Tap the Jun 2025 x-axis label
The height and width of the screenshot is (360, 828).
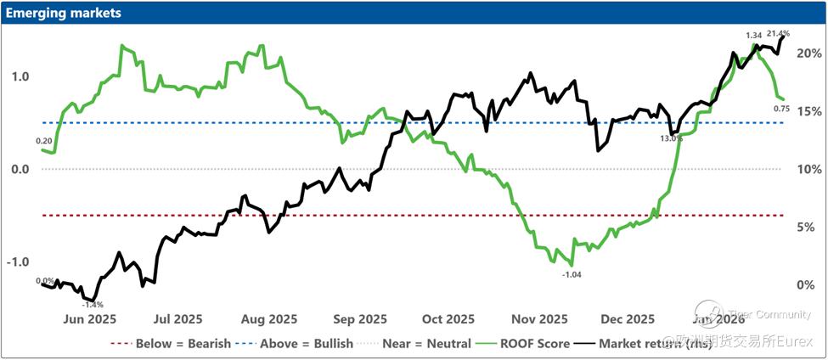[x=90, y=319]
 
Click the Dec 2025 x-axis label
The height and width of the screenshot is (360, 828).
[x=628, y=319]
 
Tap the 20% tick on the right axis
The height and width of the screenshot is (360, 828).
[x=808, y=53]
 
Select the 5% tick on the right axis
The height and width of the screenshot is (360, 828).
[x=808, y=227]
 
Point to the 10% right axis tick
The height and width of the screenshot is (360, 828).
[x=808, y=169]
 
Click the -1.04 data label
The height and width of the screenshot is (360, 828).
[x=573, y=274]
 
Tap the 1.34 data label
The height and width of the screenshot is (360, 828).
[x=753, y=35]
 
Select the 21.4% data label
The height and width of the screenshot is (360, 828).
[x=778, y=34]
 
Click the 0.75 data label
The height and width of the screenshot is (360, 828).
[x=782, y=109]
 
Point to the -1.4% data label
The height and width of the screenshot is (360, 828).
[x=92, y=305]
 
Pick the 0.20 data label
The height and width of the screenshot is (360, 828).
[x=44, y=140]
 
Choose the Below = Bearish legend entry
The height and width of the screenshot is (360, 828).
[x=171, y=344]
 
